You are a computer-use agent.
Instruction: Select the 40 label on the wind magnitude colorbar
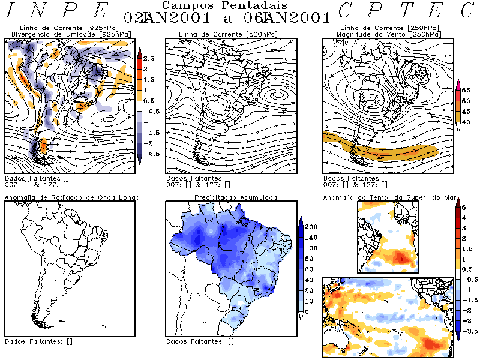(x=465, y=122)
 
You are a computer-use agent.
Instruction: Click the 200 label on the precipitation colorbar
(x=311, y=227)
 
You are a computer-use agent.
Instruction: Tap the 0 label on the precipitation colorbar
(x=307, y=312)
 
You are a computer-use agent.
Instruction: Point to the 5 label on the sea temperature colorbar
(x=463, y=207)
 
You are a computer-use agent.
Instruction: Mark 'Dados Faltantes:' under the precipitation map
(x=194, y=341)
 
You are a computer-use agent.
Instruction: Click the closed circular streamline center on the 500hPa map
(x=277, y=94)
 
